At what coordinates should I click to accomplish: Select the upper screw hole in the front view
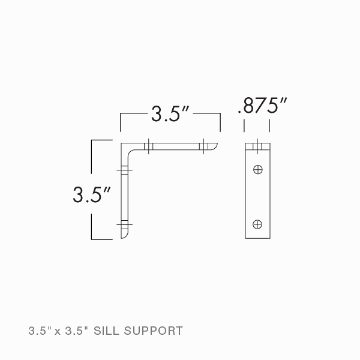tap(257, 169)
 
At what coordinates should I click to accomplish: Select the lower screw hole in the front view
tap(257, 224)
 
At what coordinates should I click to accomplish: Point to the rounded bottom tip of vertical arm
tap(125, 236)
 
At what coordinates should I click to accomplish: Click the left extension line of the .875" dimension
tap(244, 125)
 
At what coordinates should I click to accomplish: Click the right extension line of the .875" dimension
tap(269, 125)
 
